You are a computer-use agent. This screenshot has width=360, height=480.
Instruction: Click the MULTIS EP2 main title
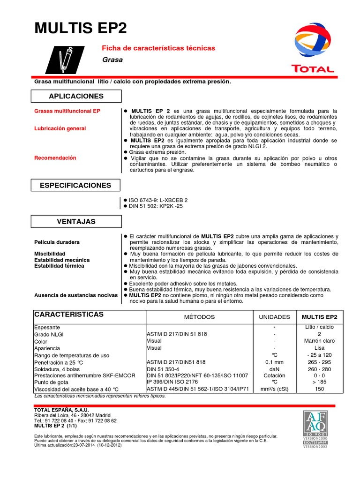(x=81, y=29)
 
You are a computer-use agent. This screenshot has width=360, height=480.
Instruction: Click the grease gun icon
(x=66, y=60)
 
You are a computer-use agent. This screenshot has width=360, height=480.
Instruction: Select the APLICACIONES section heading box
(x=76, y=96)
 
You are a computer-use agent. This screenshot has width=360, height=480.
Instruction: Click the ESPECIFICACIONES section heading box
(x=76, y=185)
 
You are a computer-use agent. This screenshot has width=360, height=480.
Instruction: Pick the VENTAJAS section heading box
(x=76, y=221)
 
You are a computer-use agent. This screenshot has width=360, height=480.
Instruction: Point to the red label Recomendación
(x=55, y=158)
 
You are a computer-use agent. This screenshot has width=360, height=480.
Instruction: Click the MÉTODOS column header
(x=199, y=317)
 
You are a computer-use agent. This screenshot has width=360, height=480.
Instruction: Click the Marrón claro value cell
(x=319, y=341)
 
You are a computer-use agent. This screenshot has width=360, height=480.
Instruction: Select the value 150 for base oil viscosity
(x=319, y=390)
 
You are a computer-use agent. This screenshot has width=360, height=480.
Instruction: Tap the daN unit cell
(x=274, y=369)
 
